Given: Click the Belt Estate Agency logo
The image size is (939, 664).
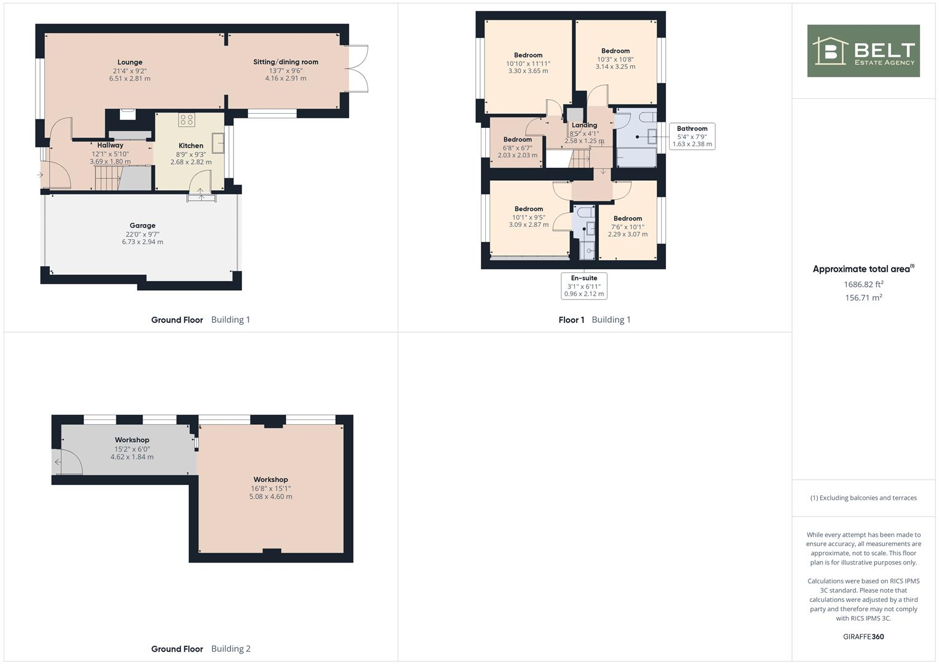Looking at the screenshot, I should pos(863,51).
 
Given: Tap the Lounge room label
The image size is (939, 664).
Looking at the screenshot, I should pos(130,62).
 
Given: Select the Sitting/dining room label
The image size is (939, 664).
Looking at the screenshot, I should pos(285,62).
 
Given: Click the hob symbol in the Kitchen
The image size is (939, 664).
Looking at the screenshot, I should pos(186,119).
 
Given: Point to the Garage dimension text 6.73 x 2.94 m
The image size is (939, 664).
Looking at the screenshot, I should pos(142,242).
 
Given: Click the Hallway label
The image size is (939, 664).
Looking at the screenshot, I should pos(110,146).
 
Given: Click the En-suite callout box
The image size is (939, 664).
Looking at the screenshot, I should pos(584,286).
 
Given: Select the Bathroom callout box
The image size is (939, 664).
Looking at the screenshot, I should pos(692,136).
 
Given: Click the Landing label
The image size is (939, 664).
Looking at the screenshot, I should pos(584,125).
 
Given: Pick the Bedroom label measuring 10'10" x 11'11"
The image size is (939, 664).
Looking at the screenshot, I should pos(528,55).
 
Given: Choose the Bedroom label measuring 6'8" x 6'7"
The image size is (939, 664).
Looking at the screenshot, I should pos(517,140).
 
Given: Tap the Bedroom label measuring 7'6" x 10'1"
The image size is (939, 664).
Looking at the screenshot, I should pos(627,219).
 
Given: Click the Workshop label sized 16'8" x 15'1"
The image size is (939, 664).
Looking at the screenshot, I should pos(271,480).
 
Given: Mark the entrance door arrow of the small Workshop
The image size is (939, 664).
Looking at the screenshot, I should pos(58,462).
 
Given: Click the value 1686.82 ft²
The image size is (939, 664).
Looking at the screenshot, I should pos(863,285).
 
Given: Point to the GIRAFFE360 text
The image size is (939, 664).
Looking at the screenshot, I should pos(863,637).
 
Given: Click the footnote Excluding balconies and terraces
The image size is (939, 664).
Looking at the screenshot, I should pos(863,498).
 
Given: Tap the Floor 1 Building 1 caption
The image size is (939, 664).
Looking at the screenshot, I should pos(594,320).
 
